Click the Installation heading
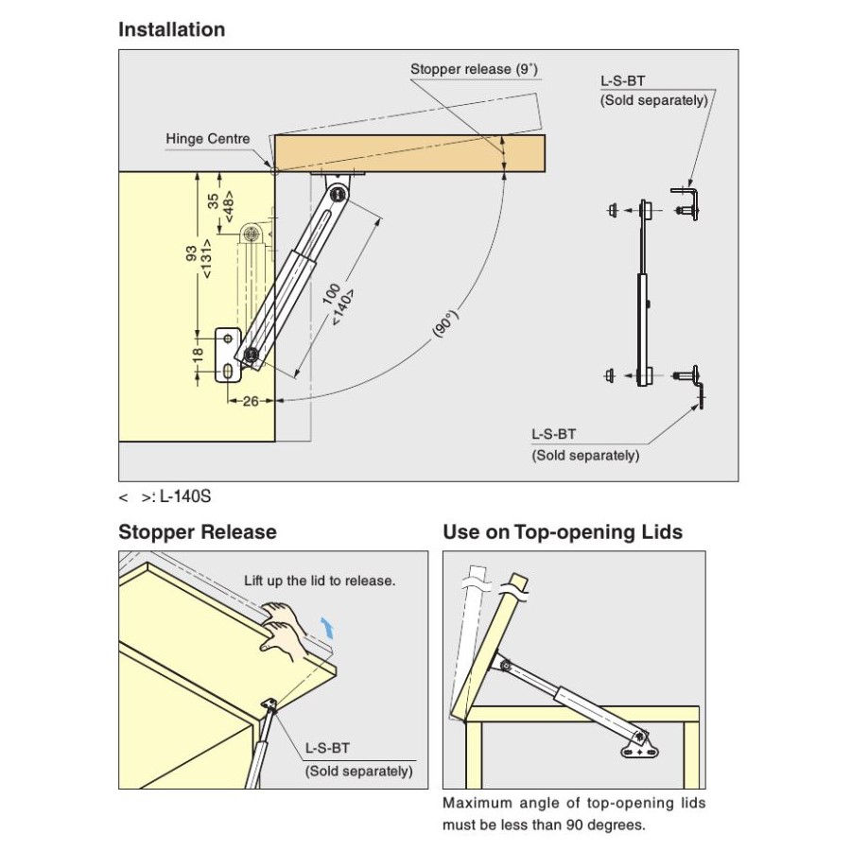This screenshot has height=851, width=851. click(171, 29)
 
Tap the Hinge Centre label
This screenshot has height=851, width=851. click(208, 139)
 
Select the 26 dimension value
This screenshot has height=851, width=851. click(251, 401)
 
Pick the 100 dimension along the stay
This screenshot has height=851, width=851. click(330, 292)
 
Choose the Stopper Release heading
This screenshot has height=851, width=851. click(197, 532)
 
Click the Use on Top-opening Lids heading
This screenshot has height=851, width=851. click(562, 532)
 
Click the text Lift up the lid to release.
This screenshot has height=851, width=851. click(319, 581)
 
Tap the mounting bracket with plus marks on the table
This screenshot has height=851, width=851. click(641, 747)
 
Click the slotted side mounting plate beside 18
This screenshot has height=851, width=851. click(228, 355)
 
